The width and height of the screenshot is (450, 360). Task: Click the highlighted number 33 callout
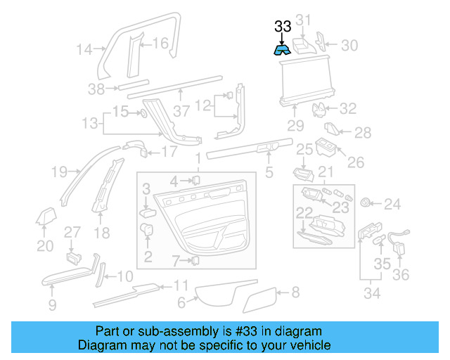coord(282,27)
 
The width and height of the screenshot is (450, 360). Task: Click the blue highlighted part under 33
coord(283,50)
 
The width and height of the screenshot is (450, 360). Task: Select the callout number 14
coord(84,49)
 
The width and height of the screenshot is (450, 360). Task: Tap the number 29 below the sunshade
coord(295,126)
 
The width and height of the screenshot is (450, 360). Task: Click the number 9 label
coord(52,304)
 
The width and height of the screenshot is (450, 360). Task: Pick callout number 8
coord(295,291)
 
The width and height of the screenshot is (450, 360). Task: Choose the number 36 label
coord(400,274)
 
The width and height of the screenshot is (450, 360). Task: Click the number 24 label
coord(392,205)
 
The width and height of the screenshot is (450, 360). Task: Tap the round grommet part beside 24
coord(366,203)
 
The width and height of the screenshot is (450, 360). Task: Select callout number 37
coord(181,111)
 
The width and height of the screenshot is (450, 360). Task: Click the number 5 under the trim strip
coord(269,171)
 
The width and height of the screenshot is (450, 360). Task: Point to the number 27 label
coord(73,232)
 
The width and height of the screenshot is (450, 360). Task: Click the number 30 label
coord(349,46)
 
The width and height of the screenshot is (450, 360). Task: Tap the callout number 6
coord(181,302)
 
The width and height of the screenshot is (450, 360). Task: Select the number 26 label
coord(356,162)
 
